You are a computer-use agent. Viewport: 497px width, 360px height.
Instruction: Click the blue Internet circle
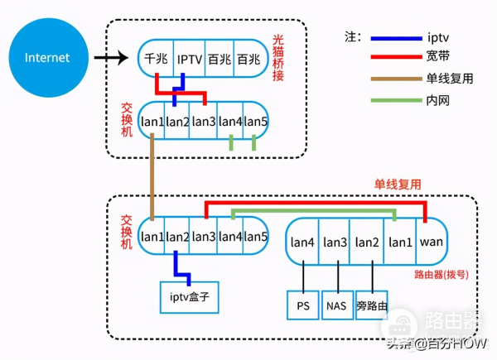(x=47, y=58)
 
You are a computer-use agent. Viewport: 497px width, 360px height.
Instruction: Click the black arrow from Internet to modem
(x=110, y=59)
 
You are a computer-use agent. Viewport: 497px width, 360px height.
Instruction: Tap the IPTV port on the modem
(x=190, y=60)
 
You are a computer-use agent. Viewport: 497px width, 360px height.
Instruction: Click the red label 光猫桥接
(x=279, y=59)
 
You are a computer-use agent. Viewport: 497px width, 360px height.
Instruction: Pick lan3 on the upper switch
(x=204, y=122)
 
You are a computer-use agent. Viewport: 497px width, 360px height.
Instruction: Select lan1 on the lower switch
(x=152, y=237)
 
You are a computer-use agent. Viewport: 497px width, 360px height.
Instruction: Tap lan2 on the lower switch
(x=177, y=237)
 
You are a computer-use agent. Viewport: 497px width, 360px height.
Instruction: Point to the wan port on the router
(x=432, y=242)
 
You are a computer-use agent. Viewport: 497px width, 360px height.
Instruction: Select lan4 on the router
(x=302, y=242)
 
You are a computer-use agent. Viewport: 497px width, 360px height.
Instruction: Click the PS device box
(x=302, y=305)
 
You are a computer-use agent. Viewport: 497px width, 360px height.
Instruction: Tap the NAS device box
(x=337, y=305)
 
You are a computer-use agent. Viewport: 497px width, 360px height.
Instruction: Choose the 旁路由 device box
(x=372, y=305)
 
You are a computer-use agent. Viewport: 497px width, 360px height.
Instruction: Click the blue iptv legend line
(x=396, y=38)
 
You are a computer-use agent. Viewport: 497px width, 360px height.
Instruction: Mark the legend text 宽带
(x=438, y=57)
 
